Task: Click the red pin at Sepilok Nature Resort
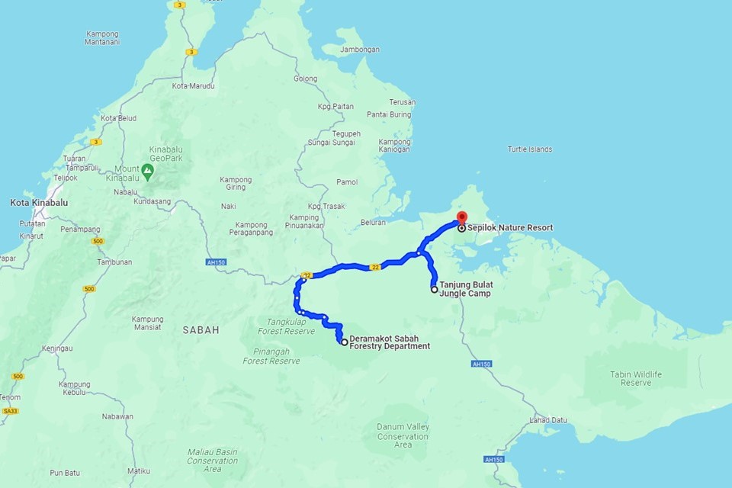coord(461,218)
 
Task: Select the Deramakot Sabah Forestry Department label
coord(389,342)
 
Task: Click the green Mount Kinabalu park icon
coord(148,169)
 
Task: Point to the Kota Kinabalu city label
coord(39,203)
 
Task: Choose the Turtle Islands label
coord(530,149)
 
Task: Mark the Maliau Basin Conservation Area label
coord(213,461)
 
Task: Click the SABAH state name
coord(201,330)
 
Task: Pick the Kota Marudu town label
coord(193,86)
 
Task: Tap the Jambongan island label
coord(361,50)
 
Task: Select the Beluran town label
coord(372,223)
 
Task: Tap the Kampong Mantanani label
coord(101,38)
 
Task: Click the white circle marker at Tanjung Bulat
coord(435,290)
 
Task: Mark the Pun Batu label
coord(65,473)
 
